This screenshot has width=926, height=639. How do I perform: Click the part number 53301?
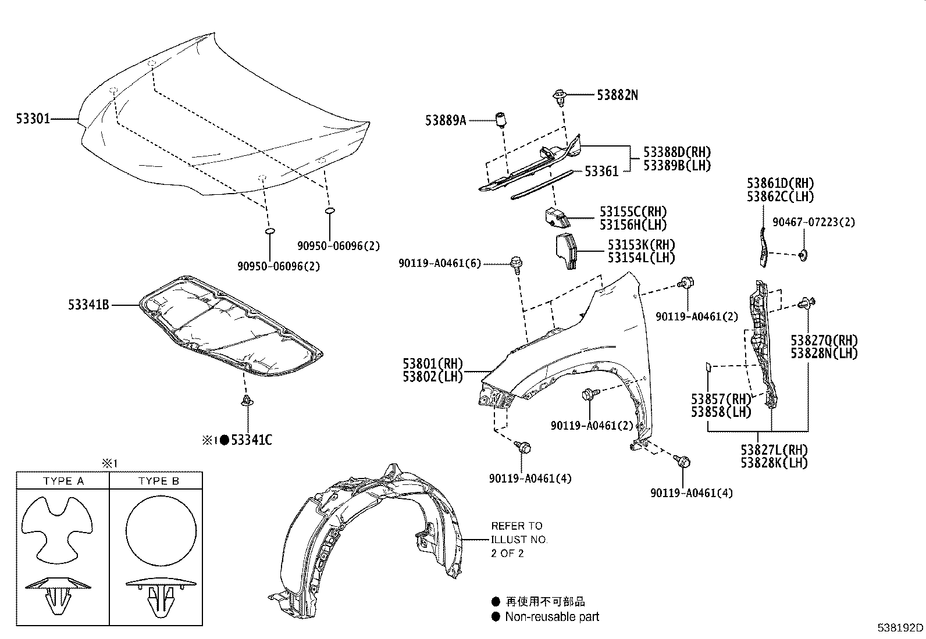(x=33, y=119)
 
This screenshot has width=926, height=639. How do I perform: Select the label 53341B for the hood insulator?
(x=88, y=304)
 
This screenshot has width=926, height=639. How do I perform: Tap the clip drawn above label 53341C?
(x=247, y=400)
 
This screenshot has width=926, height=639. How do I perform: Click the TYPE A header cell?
(x=63, y=481)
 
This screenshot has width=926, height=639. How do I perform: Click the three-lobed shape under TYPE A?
(x=59, y=526)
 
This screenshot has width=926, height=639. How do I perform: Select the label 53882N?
(x=617, y=95)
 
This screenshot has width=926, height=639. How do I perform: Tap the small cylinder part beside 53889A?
(x=500, y=120)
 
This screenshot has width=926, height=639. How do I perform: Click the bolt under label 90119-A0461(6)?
(x=515, y=263)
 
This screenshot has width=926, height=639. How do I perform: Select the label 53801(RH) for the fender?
(x=433, y=364)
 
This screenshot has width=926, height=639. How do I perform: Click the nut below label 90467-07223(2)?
(x=803, y=254)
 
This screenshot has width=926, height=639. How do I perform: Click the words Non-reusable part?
(x=551, y=617)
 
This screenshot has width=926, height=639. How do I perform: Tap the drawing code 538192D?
(x=900, y=628)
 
